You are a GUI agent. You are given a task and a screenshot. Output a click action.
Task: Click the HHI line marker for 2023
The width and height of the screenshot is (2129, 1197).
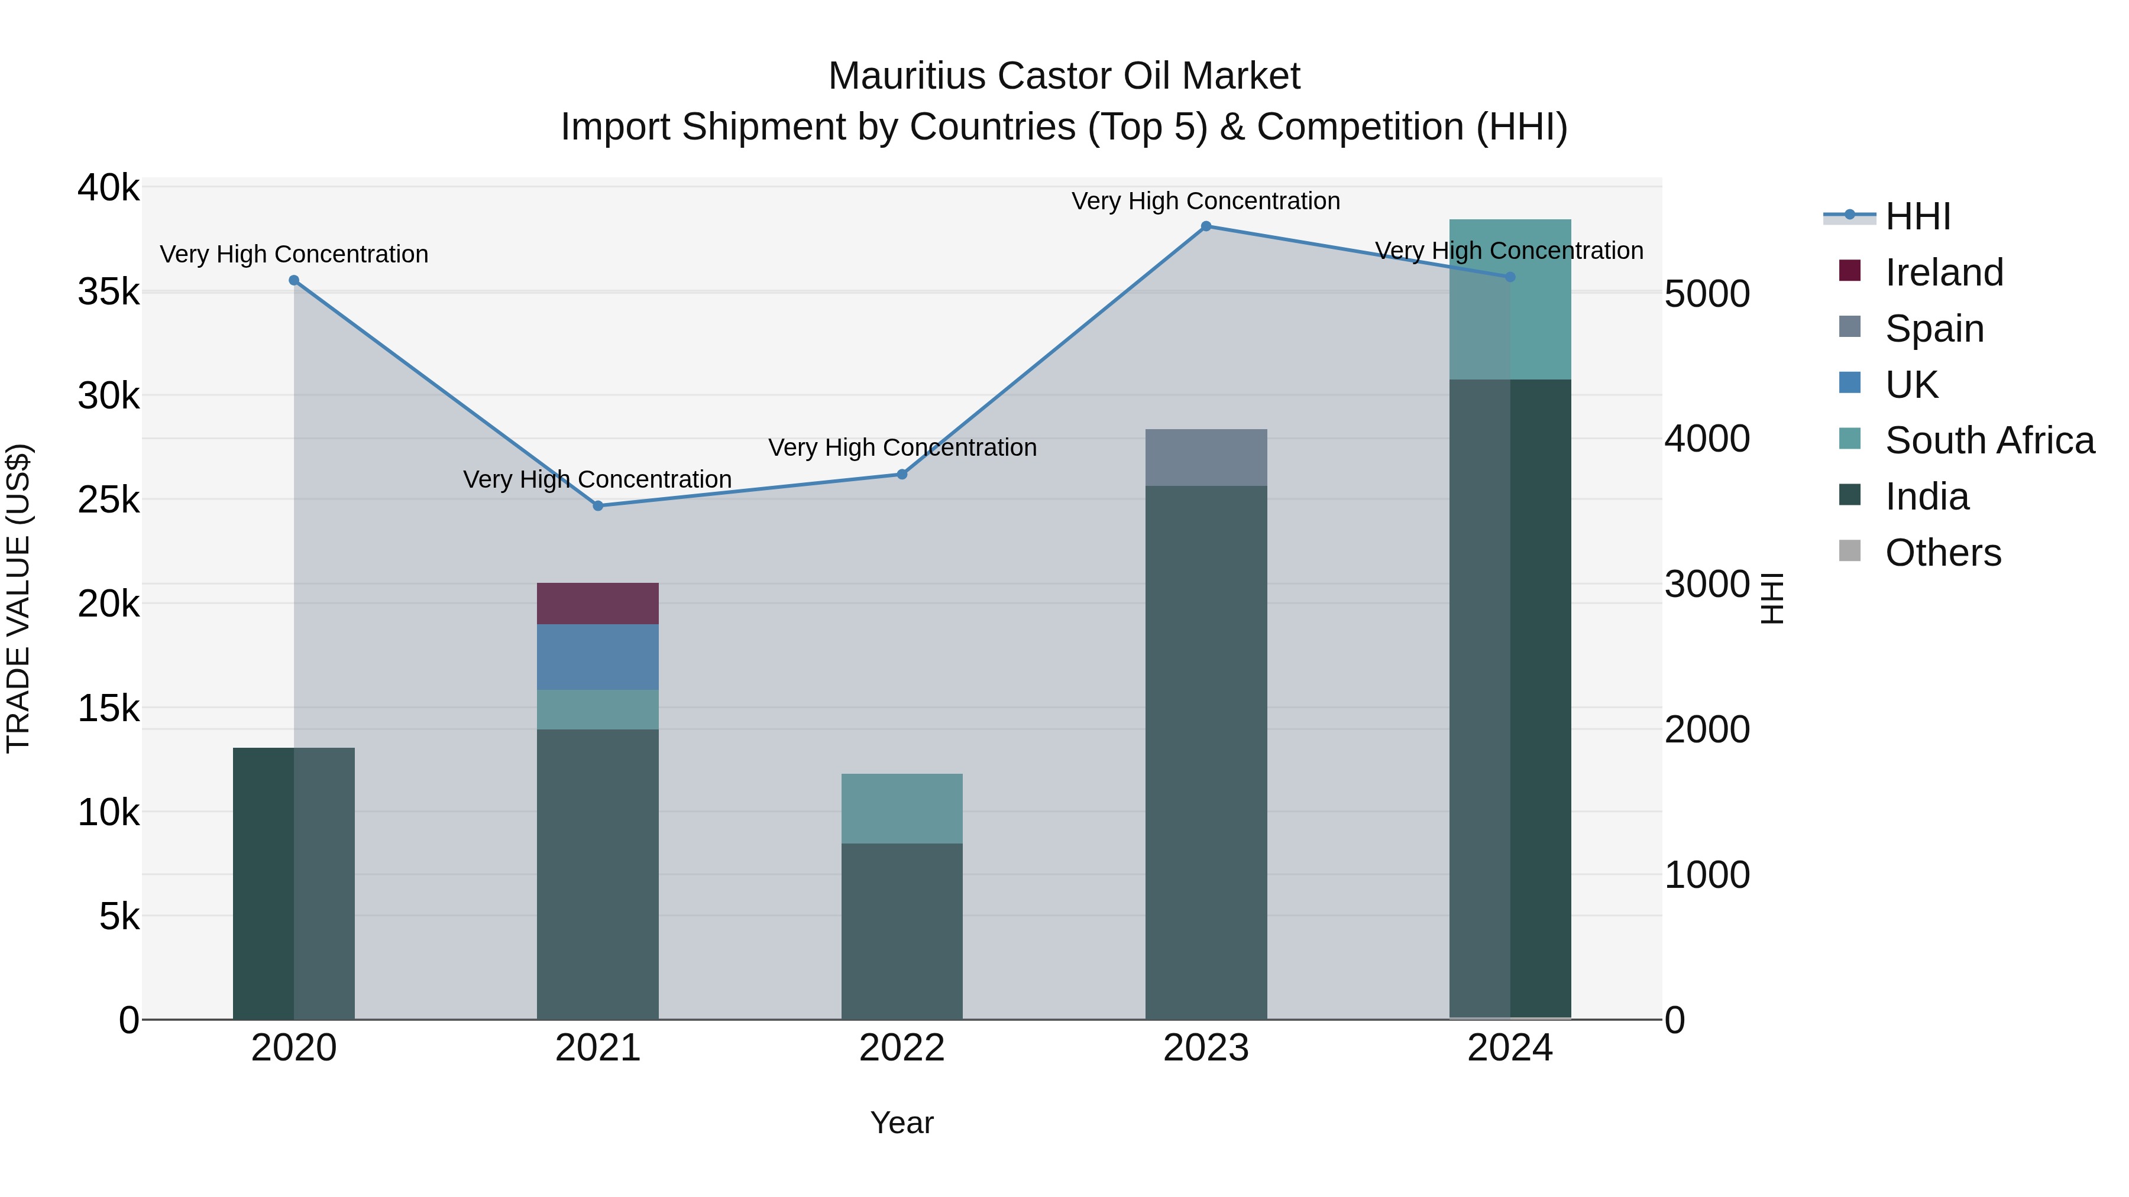[1206, 226]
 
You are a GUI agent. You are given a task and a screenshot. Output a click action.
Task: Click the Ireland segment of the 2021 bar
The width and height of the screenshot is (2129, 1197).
[597, 604]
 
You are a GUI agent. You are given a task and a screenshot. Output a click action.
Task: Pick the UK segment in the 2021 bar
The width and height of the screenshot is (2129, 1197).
[597, 657]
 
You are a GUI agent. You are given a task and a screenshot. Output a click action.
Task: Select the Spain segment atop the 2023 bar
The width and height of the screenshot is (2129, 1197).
[1206, 458]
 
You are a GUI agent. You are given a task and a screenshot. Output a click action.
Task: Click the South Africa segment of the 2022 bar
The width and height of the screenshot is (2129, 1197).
[902, 808]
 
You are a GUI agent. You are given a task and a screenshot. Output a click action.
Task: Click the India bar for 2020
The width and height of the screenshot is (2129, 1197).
[293, 883]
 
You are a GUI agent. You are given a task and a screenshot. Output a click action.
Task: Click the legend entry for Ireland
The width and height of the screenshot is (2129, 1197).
[1944, 273]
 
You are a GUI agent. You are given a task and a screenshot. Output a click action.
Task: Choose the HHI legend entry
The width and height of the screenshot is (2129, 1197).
[1917, 216]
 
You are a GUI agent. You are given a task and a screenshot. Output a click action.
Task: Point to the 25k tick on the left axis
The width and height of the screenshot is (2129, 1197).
[108, 499]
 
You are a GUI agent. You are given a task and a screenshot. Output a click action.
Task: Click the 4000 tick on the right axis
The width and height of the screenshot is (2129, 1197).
[1707, 439]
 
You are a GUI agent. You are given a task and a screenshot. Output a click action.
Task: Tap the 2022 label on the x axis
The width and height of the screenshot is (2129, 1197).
[902, 1048]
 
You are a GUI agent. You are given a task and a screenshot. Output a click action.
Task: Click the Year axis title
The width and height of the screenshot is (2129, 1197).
[902, 1123]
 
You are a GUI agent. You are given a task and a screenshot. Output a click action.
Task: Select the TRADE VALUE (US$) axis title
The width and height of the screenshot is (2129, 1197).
[19, 598]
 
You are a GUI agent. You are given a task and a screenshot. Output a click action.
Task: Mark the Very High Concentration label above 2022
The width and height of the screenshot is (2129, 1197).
[902, 447]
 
